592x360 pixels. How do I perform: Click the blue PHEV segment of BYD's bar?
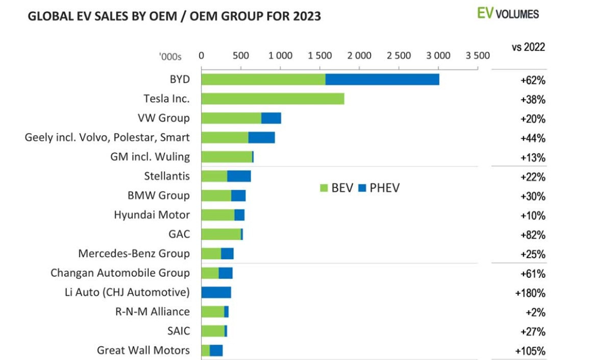382,79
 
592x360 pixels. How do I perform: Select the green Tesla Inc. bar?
273,98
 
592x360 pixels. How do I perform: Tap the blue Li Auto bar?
216,292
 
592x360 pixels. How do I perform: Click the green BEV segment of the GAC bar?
221,234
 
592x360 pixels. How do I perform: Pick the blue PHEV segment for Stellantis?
239,176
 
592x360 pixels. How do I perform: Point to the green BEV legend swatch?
324,188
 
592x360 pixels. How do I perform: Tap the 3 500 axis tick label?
478,56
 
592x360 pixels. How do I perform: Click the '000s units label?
170,57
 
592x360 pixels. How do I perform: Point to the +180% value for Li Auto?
530,293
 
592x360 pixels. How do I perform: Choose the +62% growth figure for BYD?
533,81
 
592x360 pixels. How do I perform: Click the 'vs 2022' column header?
528,47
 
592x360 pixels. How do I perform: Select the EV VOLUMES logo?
508,14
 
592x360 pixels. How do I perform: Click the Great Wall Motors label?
143,350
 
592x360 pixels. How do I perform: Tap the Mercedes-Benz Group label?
134,253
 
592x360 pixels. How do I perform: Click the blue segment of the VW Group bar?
271,118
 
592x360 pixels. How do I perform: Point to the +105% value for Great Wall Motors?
530,351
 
